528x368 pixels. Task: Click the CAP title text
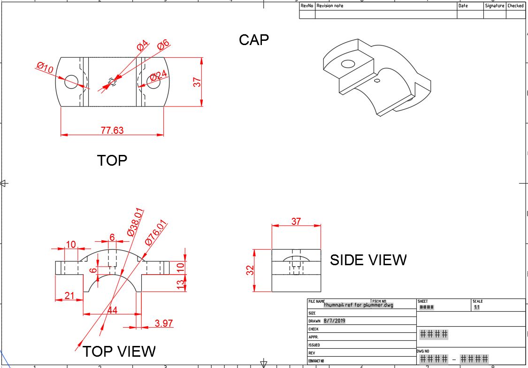254,40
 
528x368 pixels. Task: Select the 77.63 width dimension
112,130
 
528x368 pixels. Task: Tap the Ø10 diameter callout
45,68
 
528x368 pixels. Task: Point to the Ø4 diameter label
143,46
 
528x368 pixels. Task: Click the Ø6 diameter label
163,45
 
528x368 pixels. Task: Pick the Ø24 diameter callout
159,75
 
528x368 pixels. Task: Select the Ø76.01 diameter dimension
156,232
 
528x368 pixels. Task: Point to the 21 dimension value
69,295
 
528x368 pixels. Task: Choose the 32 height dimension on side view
250,270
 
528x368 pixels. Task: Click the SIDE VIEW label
368,260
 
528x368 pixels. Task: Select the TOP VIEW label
119,351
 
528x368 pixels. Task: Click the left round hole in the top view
71,82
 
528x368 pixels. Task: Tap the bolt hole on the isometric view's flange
348,64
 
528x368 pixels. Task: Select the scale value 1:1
477,307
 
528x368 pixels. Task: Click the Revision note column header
330,6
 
